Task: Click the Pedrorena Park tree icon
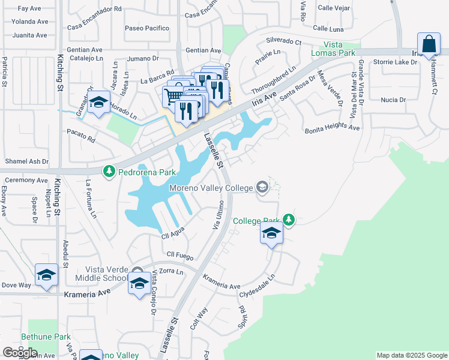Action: tap(109, 172)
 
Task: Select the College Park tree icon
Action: tap(289, 220)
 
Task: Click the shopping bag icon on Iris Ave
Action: tap(429, 44)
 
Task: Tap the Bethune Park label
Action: tap(46, 337)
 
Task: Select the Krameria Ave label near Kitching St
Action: tap(88, 292)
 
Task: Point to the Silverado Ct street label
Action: tap(283, 41)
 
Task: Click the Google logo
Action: tap(20, 353)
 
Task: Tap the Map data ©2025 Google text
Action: tap(411, 355)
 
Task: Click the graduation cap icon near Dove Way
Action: tap(46, 275)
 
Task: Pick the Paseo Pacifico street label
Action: tap(147, 28)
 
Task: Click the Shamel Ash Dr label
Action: tap(26, 161)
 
